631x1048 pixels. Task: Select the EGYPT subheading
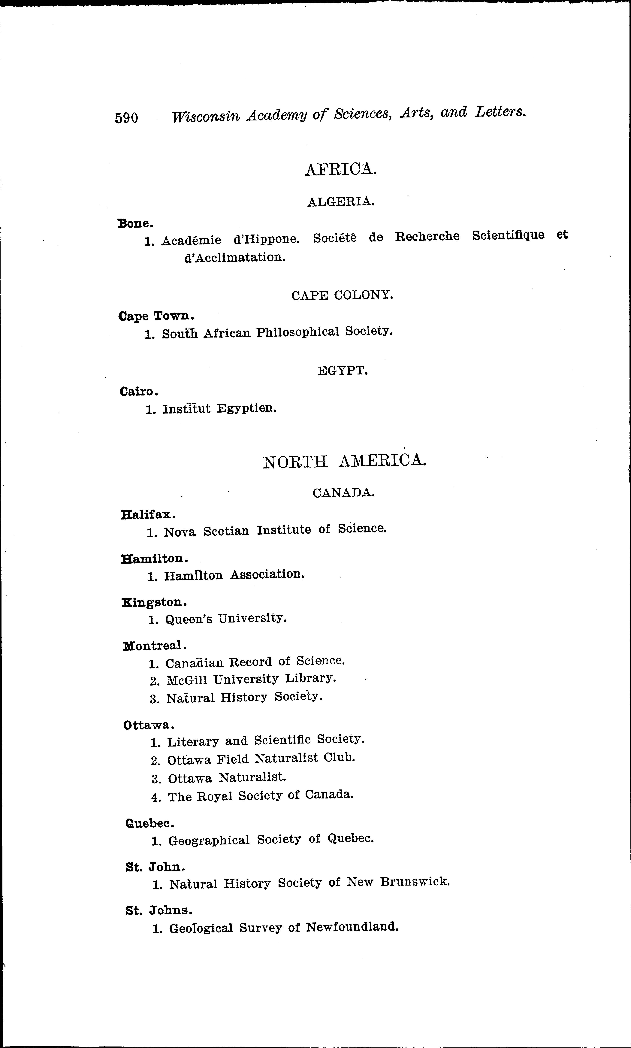[x=342, y=371]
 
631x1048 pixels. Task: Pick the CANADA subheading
[x=344, y=493]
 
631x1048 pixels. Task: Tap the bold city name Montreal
[x=154, y=646]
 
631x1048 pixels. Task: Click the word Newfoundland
[x=352, y=927]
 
